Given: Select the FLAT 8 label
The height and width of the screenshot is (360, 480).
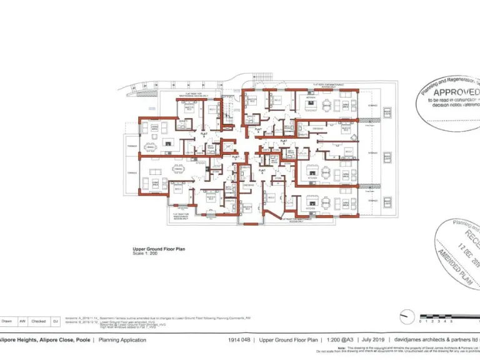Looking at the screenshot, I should click(x=204, y=133).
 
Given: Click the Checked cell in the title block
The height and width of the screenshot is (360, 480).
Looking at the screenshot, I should click(x=37, y=321).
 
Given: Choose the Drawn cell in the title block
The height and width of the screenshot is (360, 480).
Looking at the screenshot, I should click(x=7, y=321).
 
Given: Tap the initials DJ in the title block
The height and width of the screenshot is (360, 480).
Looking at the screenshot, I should click(x=54, y=321).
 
